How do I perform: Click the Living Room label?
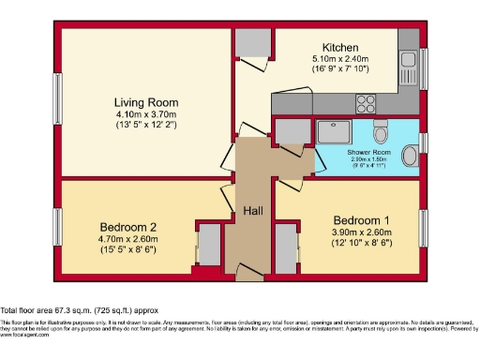tap(146, 102)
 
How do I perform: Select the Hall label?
tap(253, 212)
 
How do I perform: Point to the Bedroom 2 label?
tap(127, 226)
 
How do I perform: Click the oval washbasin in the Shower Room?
tap(410, 155)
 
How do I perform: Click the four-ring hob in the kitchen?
tap(366, 103)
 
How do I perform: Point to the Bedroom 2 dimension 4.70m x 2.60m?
tap(127, 239)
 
